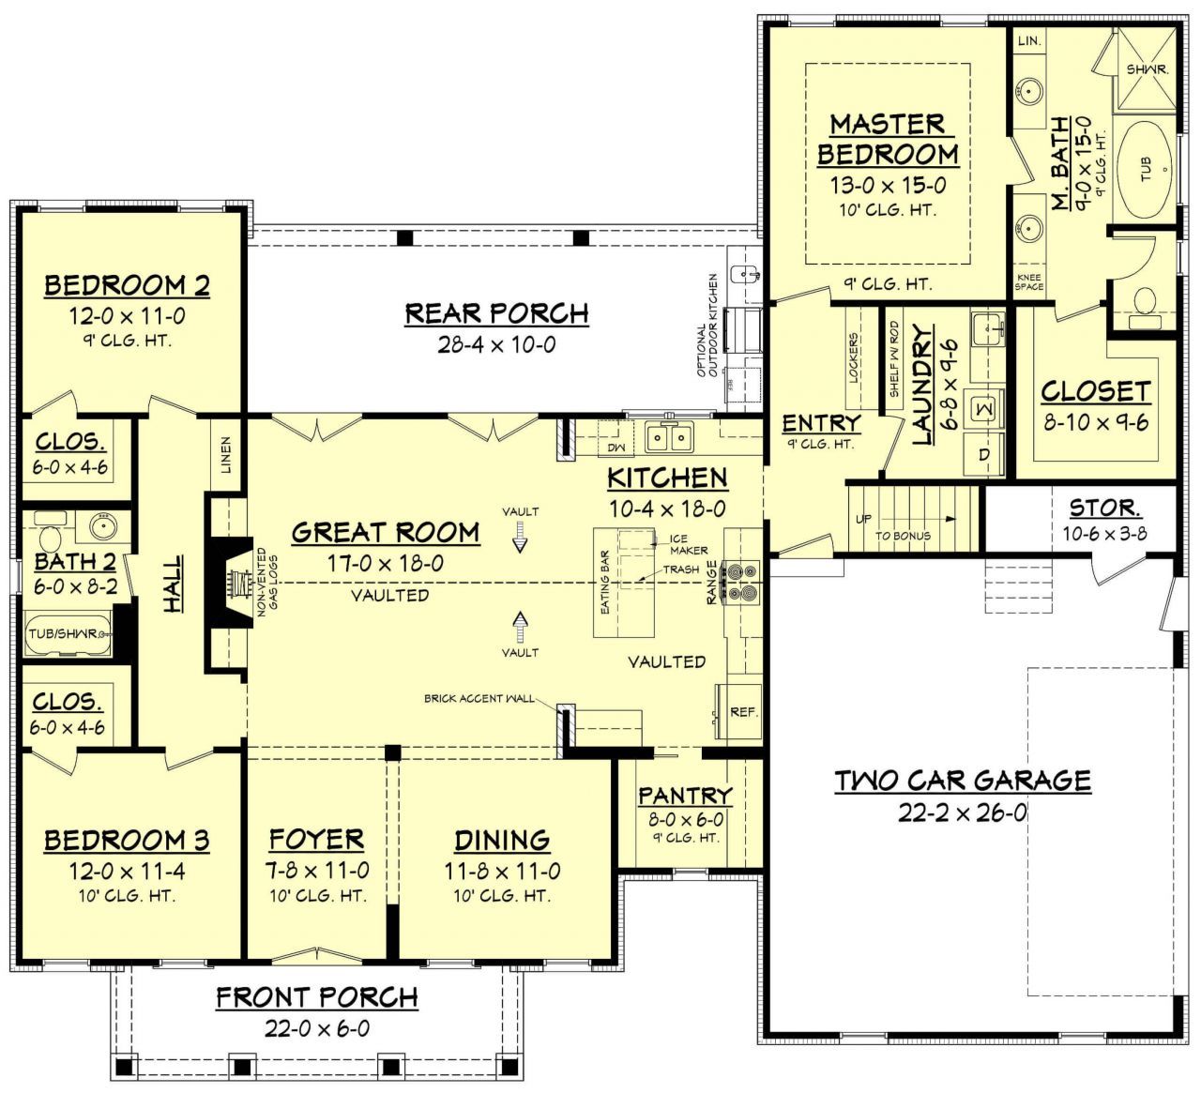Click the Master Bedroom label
887,139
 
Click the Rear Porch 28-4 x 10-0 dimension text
496,344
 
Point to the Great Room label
386,533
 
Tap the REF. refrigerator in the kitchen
743,712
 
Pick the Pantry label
685,796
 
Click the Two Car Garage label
963,781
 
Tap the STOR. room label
1104,509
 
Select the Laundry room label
922,385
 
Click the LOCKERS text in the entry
854,357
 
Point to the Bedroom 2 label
128,285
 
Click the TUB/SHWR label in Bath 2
63,633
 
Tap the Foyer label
316,839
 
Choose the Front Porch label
317,997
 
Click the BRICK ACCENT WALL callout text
479,698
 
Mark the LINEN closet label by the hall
225,454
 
